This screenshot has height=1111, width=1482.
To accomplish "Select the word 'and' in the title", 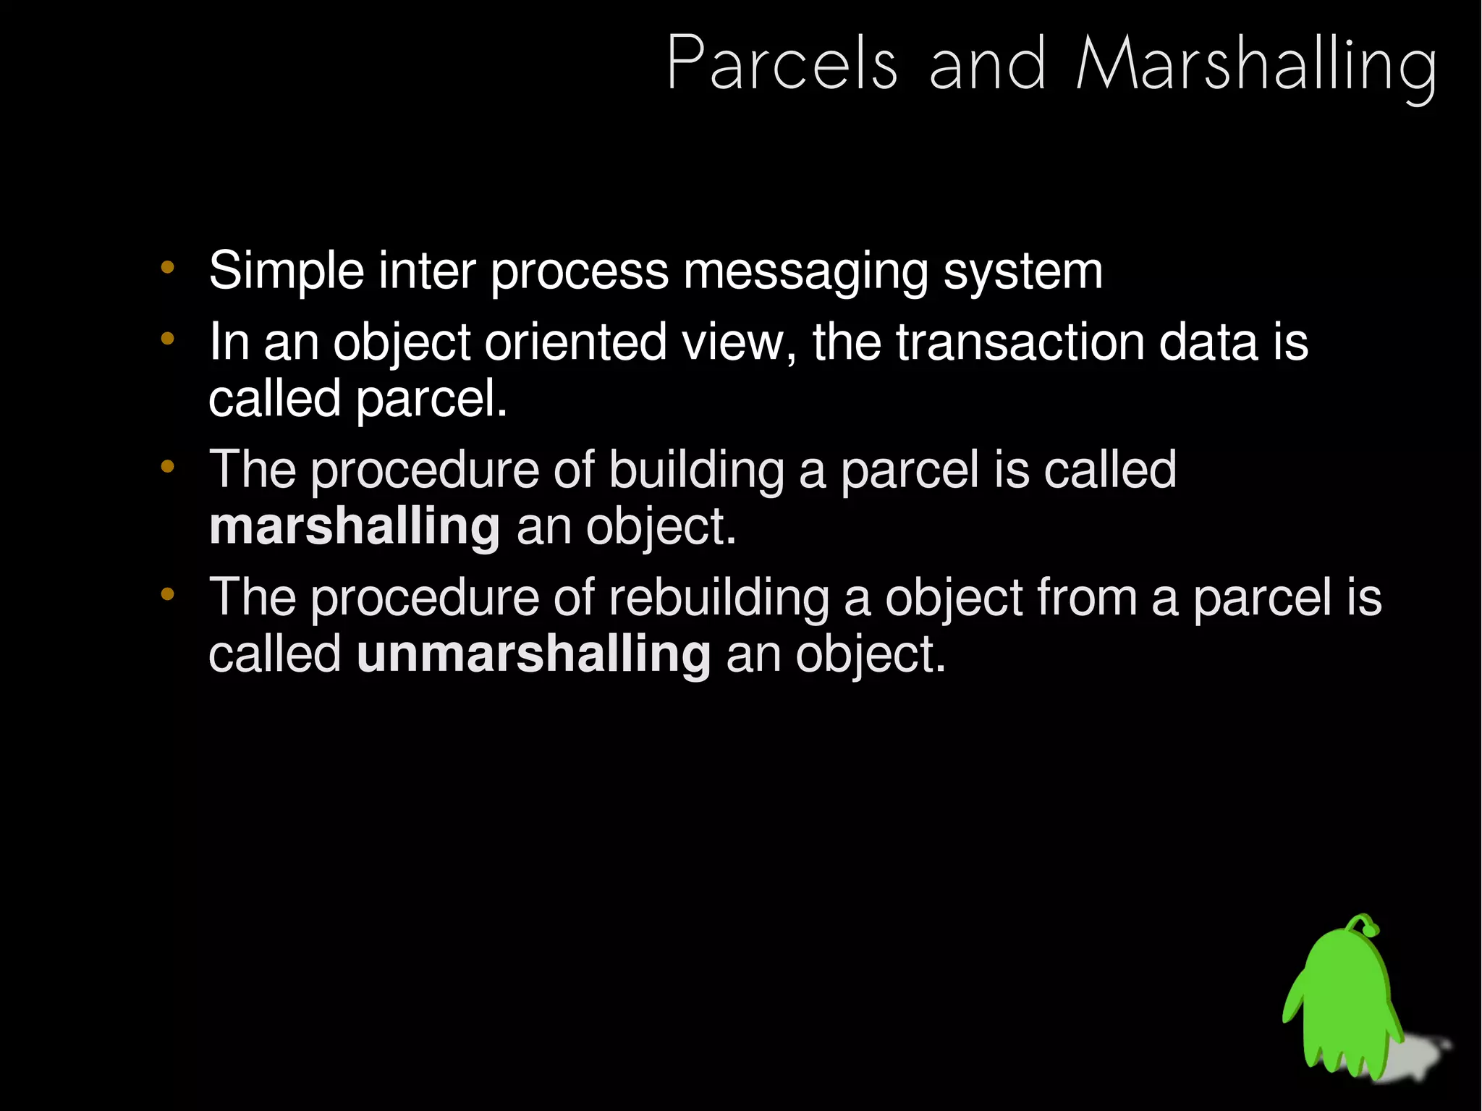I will click(987, 65).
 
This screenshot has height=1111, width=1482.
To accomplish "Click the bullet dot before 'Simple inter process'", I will click(168, 268).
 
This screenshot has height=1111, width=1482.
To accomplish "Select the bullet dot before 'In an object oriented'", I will click(168, 338).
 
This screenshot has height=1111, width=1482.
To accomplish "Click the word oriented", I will click(575, 342).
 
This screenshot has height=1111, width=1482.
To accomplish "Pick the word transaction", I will click(1020, 342).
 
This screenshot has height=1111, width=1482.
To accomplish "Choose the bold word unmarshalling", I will click(533, 654).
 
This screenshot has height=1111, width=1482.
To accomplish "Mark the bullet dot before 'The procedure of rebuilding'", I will click(168, 594).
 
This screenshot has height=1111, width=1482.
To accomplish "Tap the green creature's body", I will click(1346, 1006).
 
